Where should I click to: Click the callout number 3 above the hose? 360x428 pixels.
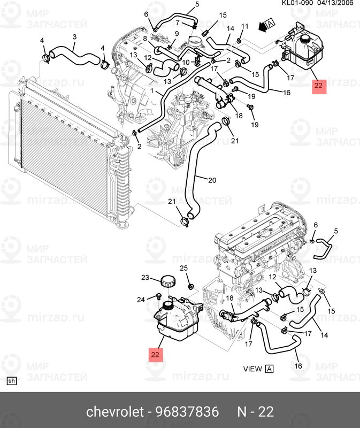tap(74, 37)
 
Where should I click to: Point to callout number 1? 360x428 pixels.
tap(152, 90)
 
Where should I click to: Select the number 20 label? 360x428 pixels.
tap(212, 180)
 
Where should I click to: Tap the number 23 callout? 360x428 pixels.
tap(145, 278)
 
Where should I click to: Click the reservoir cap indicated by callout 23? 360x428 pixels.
tap(168, 281)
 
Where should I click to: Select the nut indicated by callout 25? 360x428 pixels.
tap(191, 286)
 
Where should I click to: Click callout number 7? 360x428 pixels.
tap(178, 22)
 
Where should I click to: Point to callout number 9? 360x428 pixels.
tap(177, 34)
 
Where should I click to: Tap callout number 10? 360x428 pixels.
tap(186, 62)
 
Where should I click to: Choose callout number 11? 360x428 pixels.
tap(245, 26)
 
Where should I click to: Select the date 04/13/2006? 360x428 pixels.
tap(335, 3)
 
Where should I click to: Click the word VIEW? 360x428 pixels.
tap(252, 369)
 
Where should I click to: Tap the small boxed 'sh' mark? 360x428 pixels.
tap(11, 381)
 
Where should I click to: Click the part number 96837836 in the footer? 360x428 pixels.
tap(187, 411)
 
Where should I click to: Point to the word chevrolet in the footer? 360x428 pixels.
tap(115, 411)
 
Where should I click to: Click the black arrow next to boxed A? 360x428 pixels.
tap(262, 27)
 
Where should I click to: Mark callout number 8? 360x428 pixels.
tap(145, 39)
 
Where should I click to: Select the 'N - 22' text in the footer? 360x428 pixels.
tap(256, 411)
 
